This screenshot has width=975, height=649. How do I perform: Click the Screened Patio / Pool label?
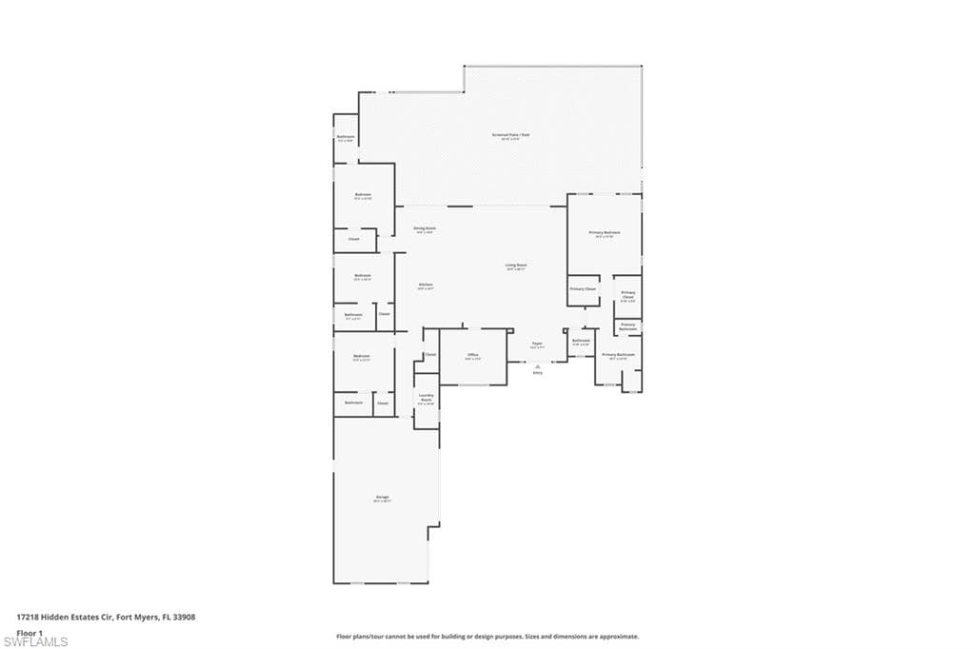pyautogui.click(x=509, y=135)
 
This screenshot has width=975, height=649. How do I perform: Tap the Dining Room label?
pyautogui.click(x=424, y=228)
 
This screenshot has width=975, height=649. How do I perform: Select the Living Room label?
pyautogui.click(x=516, y=265)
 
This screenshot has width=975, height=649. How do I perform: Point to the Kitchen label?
pyautogui.click(x=426, y=285)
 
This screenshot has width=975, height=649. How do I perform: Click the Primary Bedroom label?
pyautogui.click(x=604, y=232)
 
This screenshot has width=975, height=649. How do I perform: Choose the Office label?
pyautogui.click(x=472, y=354)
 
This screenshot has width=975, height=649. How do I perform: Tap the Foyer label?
pyautogui.click(x=537, y=344)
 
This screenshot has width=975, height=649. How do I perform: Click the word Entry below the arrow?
pyautogui.click(x=537, y=373)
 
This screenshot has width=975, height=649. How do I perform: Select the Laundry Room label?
pyautogui.click(x=426, y=397)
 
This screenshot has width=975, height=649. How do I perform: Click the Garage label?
pyautogui.click(x=382, y=497)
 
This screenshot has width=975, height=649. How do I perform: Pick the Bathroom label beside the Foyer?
pyautogui.click(x=581, y=340)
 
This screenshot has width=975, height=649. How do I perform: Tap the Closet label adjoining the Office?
pyautogui.click(x=430, y=354)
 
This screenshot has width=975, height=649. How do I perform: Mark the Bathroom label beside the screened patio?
pyautogui.click(x=346, y=137)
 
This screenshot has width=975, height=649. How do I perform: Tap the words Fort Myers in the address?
pyautogui.click(x=137, y=617)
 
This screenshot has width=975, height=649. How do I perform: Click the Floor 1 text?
pyautogui.click(x=30, y=632)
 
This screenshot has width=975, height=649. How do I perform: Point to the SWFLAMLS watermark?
pyautogui.click(x=34, y=642)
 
